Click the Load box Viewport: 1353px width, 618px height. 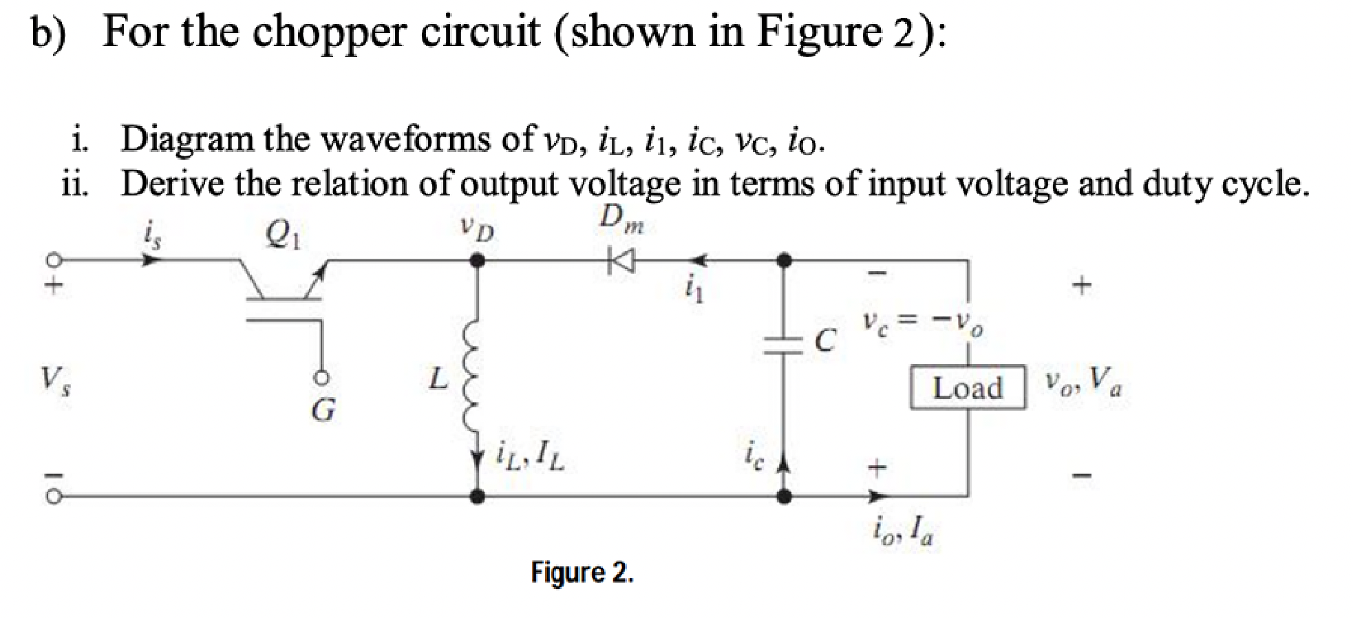[x=967, y=387]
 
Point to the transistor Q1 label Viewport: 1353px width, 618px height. [x=282, y=236]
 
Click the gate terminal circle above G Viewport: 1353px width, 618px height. [x=321, y=378]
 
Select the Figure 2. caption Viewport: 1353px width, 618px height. [x=582, y=572]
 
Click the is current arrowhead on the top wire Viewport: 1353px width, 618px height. [x=151, y=260]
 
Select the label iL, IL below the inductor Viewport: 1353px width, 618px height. [x=530, y=456]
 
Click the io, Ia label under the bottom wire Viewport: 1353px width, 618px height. [x=902, y=530]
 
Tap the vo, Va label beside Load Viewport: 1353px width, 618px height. [x=1083, y=381]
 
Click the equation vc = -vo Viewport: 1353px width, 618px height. [x=922, y=322]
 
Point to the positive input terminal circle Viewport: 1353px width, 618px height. [x=54, y=260]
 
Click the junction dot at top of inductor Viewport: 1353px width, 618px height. [x=477, y=261]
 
